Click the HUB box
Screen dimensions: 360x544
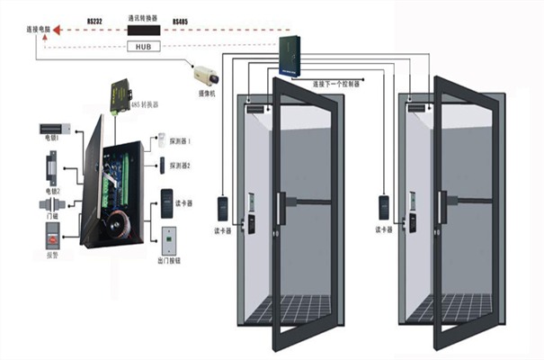[x=143, y=46]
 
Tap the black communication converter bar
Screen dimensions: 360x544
[x=143, y=30]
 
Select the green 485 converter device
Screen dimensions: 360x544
[x=121, y=93]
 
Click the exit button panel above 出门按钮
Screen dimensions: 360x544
[x=168, y=237]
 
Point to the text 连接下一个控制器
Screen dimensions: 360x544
[x=336, y=84]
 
